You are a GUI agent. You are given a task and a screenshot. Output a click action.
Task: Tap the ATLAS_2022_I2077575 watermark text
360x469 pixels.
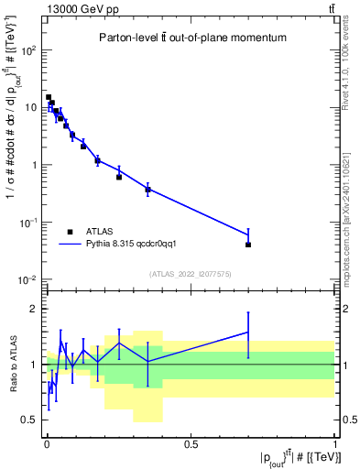[190, 274]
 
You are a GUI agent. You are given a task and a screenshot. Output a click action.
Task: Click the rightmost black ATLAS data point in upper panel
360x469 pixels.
[248, 245]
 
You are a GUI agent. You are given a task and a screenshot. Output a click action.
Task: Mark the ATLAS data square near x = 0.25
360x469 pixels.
[119, 177]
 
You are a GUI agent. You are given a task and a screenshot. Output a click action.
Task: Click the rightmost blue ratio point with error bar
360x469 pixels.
[248, 332]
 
